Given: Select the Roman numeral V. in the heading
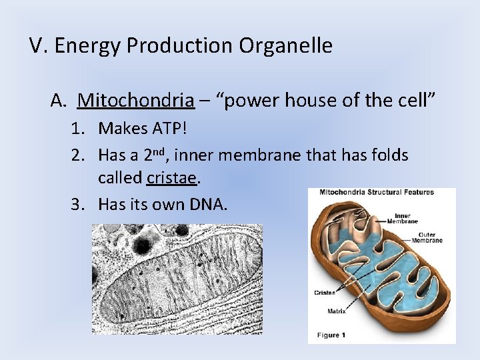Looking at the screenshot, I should click(38, 46).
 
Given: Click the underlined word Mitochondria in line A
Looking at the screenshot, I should click(136, 101).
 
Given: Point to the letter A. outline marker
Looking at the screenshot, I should click(59, 101).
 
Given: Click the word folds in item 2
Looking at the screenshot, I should click(390, 155).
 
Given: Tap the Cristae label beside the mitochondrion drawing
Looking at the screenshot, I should click(325, 292).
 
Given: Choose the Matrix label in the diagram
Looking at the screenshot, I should click(336, 311).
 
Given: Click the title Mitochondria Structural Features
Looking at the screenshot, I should click(377, 193).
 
